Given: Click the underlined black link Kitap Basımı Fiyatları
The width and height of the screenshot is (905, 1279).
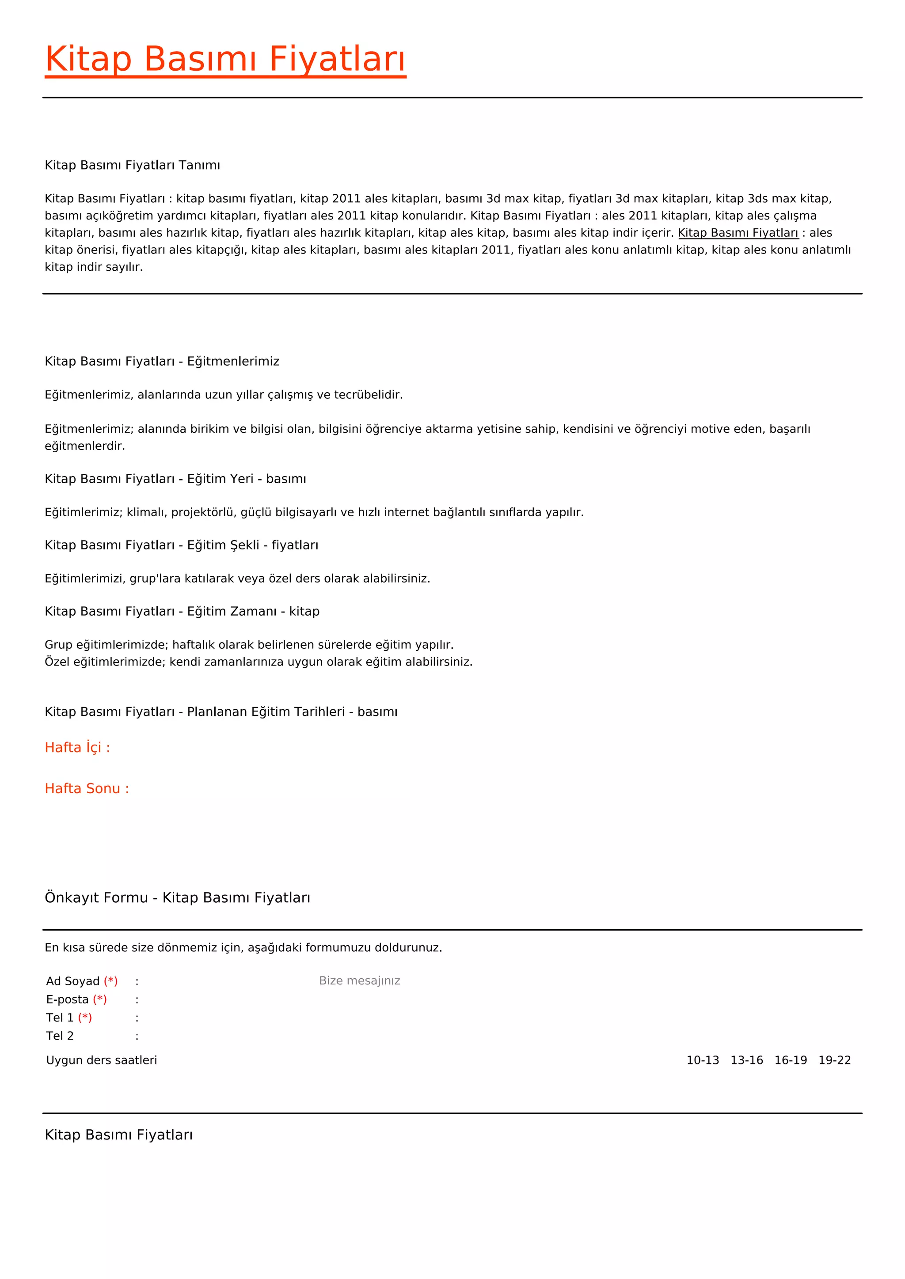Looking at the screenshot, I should point(738,233).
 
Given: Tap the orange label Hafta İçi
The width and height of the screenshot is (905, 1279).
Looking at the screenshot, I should point(77,748).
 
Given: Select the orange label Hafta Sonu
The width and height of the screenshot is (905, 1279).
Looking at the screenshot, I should point(86,789).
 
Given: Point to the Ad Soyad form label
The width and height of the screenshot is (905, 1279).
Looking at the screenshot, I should point(73,981).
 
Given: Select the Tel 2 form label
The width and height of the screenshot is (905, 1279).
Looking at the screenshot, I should point(60,1036).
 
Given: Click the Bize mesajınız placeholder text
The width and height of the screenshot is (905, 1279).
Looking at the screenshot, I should point(359,980).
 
